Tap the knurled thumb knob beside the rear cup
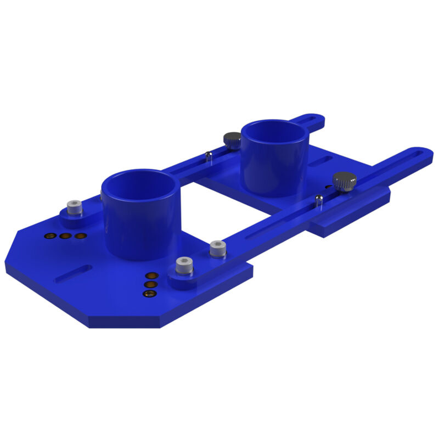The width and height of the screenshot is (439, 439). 232,140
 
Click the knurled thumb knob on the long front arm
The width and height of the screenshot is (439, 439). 344,181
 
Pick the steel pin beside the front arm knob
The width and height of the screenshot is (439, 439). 318,199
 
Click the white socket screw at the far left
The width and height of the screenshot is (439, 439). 74,208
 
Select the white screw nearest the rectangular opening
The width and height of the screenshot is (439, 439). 218,249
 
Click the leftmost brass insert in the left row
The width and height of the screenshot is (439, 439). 50,236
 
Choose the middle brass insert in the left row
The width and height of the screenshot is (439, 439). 65,236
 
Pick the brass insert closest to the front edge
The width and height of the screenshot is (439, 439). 149,294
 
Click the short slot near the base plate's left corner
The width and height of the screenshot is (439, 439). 73,273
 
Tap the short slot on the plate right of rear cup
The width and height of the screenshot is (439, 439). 320,161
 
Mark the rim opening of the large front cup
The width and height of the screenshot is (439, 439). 141,185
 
